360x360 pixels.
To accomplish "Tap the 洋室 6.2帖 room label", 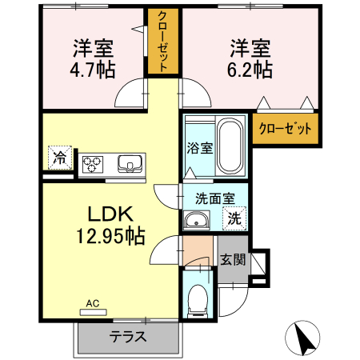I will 250,58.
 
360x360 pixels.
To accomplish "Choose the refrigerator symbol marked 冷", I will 59,158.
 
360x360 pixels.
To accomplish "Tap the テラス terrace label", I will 128,337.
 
